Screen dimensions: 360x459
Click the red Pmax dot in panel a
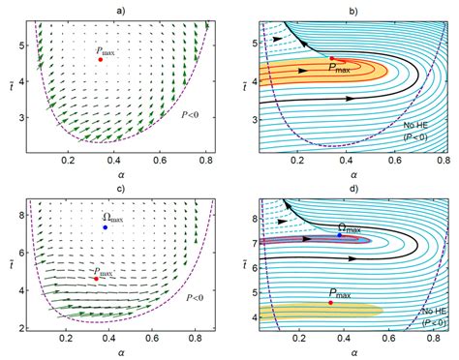coord(101,59)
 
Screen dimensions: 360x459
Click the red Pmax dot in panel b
coord(331,58)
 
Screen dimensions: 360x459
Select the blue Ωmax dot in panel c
coord(105,226)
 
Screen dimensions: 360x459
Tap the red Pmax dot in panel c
coord(96,279)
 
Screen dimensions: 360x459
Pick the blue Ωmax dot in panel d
coord(339,234)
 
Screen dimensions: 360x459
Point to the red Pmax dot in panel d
coord(331,302)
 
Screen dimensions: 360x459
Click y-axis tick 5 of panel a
coord(14,44)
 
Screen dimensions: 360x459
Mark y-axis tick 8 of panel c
coord(14,206)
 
